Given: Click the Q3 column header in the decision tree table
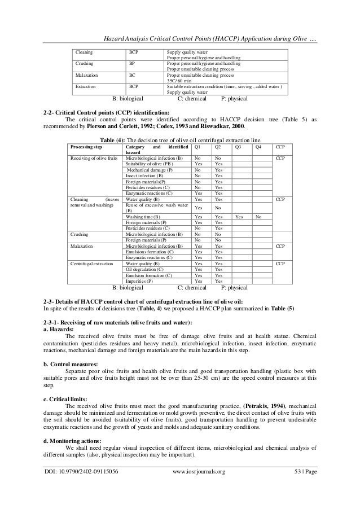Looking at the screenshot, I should coord(238,147).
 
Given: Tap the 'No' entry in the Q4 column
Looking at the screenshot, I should coord(258,216).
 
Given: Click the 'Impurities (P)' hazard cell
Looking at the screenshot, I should coord(139,280).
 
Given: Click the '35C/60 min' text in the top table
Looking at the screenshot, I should coord(178,81).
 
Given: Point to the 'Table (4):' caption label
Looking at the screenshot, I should coord(115,139).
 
